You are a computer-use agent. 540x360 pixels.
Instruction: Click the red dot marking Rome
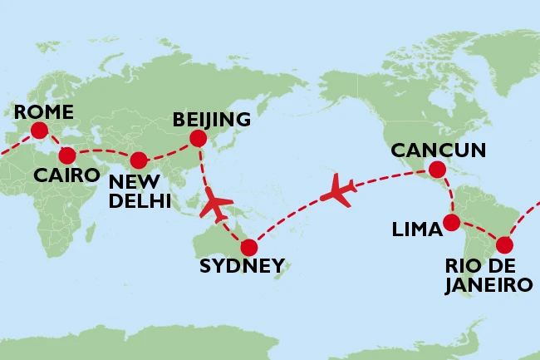38,130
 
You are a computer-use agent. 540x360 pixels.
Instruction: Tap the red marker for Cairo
67,155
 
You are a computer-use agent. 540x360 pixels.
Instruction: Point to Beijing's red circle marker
198,138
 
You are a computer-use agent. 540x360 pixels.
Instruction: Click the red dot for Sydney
248,247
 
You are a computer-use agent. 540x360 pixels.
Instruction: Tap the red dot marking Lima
451,222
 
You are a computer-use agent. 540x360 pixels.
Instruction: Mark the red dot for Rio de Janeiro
503,245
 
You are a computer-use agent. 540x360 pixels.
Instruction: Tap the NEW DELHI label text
140,190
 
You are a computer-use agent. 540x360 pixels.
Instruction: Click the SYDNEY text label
242,267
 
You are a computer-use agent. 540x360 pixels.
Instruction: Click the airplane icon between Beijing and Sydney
218,205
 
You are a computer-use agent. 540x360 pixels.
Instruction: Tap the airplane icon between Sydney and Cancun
338,190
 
